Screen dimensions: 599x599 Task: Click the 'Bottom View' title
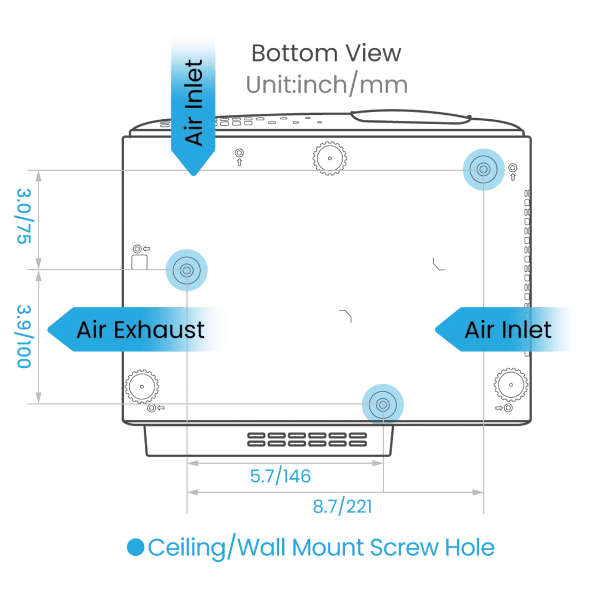pyautogui.click(x=326, y=54)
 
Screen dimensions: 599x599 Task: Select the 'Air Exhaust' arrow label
pyautogui.click(x=140, y=329)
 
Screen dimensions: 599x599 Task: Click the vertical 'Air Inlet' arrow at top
pyautogui.click(x=193, y=103)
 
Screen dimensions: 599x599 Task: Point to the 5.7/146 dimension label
pyautogui.click(x=280, y=476)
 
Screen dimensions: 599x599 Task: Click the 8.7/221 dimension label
pyautogui.click(x=342, y=506)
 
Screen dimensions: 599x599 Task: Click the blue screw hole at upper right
pyautogui.click(x=483, y=169)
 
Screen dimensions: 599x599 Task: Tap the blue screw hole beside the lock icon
pyautogui.click(x=186, y=270)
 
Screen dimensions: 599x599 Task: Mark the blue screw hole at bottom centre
pyautogui.click(x=382, y=404)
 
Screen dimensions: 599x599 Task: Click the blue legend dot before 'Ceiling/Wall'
pyautogui.click(x=135, y=548)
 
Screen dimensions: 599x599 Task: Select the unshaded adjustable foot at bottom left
pyautogui.click(x=143, y=386)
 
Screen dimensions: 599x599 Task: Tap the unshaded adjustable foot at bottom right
pyautogui.click(x=510, y=384)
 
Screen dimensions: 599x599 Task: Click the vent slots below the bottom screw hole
pyautogui.click(x=307, y=439)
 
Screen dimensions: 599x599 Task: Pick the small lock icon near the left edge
pyautogui.click(x=140, y=257)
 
